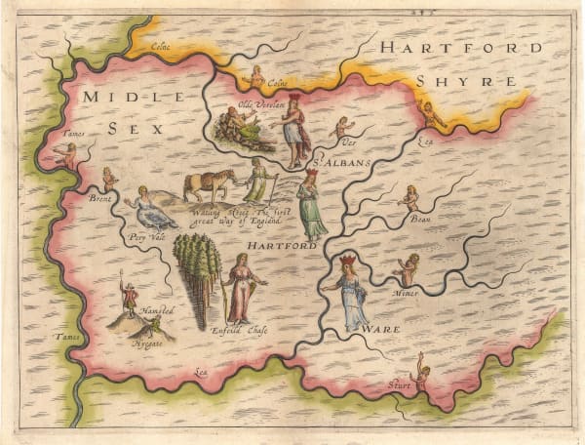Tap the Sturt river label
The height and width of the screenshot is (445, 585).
pos(400,385)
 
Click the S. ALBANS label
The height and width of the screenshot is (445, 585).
pos(342,163)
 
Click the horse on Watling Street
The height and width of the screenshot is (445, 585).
pos(210,183)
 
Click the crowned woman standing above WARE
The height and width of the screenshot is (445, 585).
pos(349,288)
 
